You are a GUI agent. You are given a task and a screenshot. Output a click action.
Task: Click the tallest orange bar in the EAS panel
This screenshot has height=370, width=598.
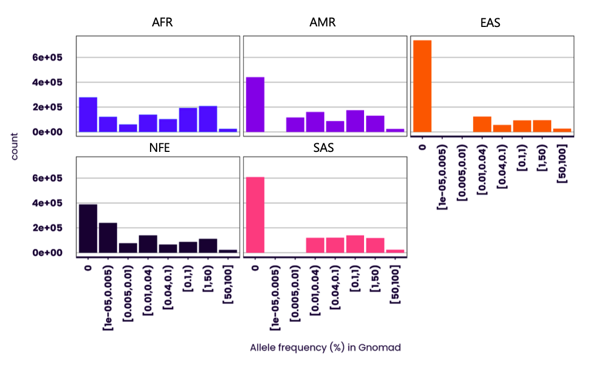[422, 86]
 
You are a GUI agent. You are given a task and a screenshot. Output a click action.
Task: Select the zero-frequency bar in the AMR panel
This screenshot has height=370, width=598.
[255, 104]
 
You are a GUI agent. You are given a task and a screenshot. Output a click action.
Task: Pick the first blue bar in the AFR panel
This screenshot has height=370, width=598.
[88, 115]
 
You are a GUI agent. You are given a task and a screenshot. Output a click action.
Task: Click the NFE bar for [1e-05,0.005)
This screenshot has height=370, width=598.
[108, 238]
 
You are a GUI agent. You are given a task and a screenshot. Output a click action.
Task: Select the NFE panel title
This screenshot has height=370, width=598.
[160, 148]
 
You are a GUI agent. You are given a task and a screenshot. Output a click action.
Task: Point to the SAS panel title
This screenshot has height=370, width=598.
[323, 148]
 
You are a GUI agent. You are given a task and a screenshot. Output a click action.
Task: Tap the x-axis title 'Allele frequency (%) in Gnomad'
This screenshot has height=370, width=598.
[325, 347]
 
